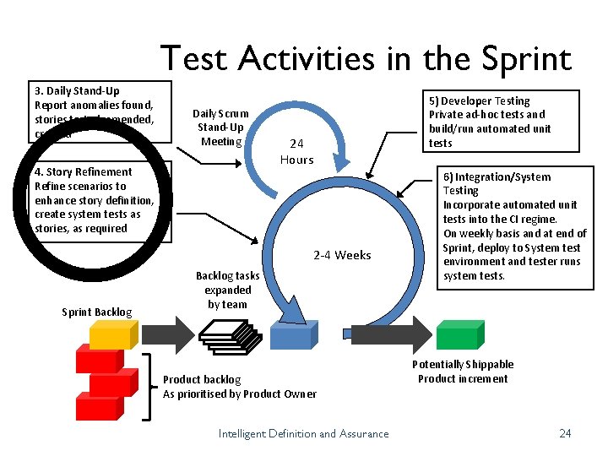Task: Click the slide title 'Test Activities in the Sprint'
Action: (365, 58)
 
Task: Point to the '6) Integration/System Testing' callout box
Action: (513, 226)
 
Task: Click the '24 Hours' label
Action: (296, 152)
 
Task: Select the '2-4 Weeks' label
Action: (342, 255)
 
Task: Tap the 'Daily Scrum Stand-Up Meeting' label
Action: (221, 127)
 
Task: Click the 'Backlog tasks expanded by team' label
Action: (227, 290)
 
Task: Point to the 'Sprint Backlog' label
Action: (97, 312)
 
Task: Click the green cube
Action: (457, 334)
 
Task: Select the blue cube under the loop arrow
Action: (292, 335)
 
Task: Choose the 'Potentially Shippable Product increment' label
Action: (463, 372)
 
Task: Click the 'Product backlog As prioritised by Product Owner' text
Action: (240, 387)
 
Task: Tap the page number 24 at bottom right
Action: (565, 433)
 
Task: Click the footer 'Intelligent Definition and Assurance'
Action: (304, 434)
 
